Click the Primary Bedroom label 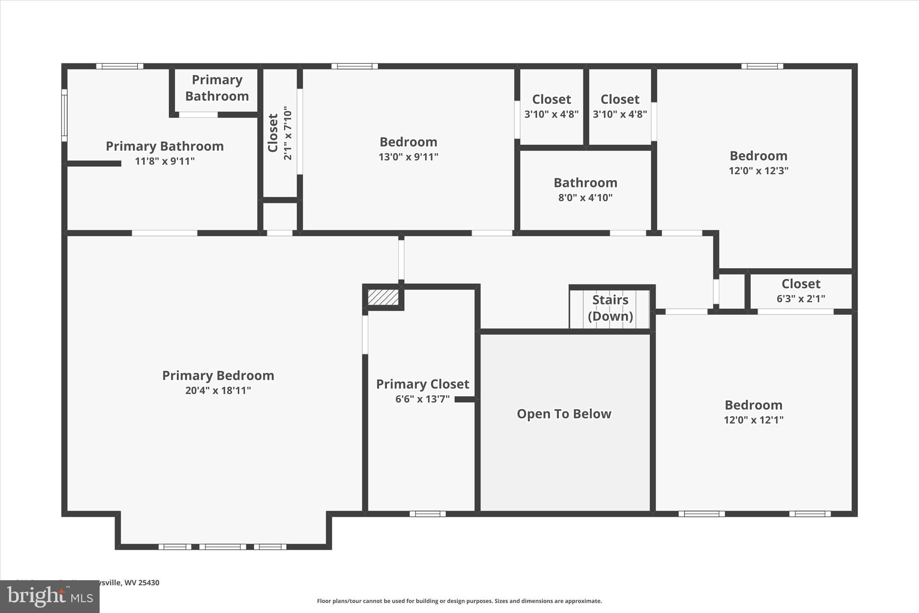tap(218, 375)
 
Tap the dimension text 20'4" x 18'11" tap(218, 390)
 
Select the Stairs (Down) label tap(610, 308)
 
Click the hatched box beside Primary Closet tap(383, 297)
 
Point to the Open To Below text tap(564, 414)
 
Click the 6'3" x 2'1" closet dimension tap(801, 299)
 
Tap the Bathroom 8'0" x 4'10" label tap(585, 190)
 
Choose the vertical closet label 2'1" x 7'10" tap(288, 133)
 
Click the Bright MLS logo tap(50, 596)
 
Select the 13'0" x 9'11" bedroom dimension tap(408, 157)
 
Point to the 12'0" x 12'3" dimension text tap(758, 171)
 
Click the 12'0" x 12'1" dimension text tap(753, 420)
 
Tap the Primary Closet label tap(422, 384)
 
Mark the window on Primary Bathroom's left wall tap(64, 115)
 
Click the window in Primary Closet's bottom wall tap(428, 514)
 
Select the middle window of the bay tap(223, 547)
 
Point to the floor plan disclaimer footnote tap(459, 601)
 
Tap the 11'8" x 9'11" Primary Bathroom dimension tap(165, 161)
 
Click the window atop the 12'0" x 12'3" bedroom tap(762, 66)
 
